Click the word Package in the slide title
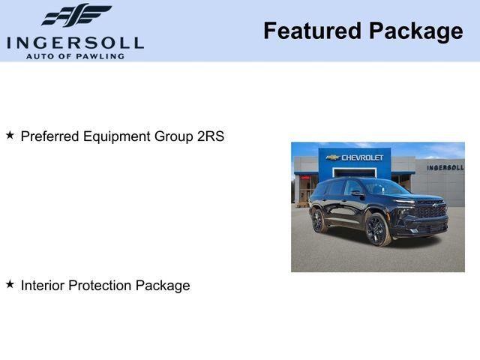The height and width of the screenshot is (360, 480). [x=416, y=31]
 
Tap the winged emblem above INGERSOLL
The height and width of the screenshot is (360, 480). [x=76, y=15]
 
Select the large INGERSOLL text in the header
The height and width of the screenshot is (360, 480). [x=75, y=43]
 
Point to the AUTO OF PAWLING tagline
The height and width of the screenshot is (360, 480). [x=75, y=56]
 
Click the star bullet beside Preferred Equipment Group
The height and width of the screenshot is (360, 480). [x=10, y=136]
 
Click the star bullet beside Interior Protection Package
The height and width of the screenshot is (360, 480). [x=10, y=284]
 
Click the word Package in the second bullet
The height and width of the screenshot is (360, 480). [x=163, y=285]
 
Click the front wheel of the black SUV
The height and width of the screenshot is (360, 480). [x=376, y=230]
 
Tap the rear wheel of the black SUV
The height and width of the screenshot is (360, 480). [x=319, y=220]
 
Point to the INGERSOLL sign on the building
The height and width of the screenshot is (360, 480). [x=445, y=167]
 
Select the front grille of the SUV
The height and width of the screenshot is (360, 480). [x=430, y=212]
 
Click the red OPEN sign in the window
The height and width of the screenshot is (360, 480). [x=305, y=178]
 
